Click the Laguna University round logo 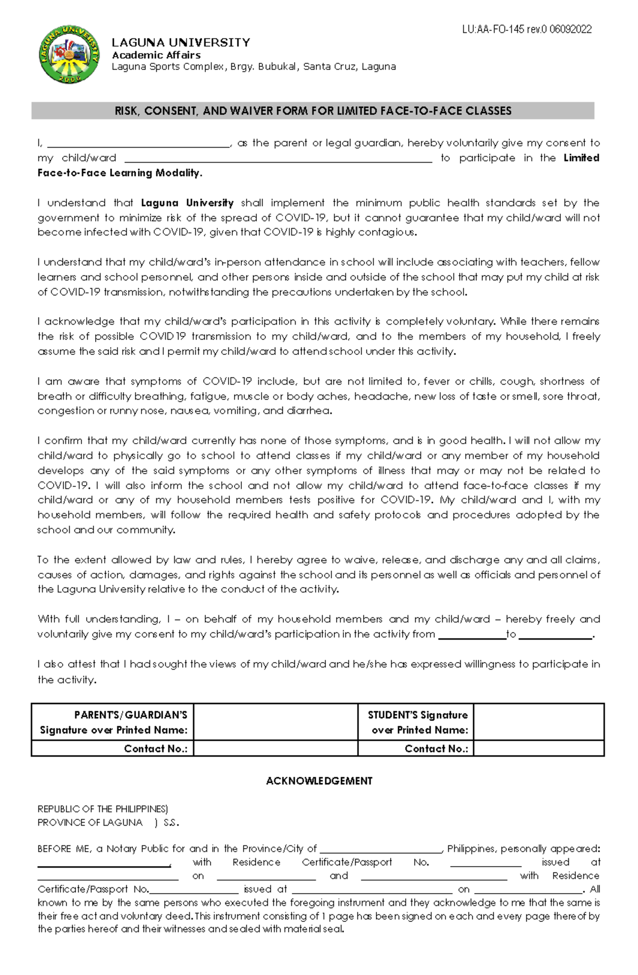69,54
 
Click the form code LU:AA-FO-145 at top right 526,30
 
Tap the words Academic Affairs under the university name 156,55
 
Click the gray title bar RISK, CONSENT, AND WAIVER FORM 313,111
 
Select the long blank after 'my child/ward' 278,158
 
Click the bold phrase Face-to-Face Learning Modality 120,173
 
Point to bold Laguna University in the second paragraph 187,203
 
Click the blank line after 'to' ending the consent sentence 555,634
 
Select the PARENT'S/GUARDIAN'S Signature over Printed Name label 114,722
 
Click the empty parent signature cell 275,722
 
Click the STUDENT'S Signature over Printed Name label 417,722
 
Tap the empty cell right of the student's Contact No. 538,749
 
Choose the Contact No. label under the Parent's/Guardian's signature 155,749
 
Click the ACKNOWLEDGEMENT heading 319,781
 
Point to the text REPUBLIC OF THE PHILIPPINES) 103,809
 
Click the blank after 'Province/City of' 380,849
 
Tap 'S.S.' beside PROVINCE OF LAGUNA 171,823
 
